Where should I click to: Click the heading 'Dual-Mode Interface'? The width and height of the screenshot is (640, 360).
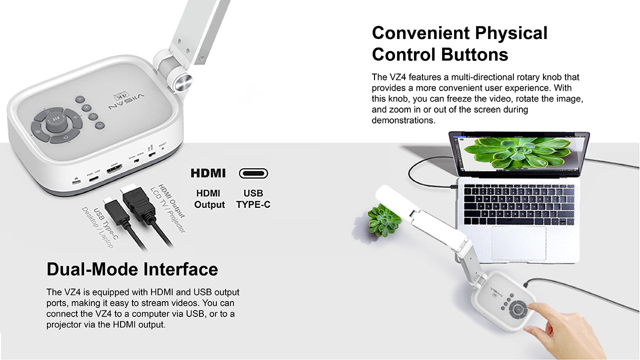(x=132, y=269)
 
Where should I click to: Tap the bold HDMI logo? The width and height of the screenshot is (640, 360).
(x=208, y=173)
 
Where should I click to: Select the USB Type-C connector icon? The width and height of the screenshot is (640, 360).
(x=253, y=173)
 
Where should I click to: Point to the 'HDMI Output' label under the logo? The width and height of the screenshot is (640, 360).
(x=209, y=199)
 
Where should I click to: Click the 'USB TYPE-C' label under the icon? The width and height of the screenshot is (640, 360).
(x=253, y=199)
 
